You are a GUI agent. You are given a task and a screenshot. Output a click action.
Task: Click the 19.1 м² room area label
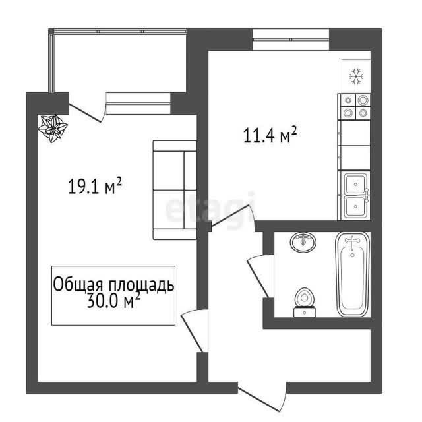tap(95, 185)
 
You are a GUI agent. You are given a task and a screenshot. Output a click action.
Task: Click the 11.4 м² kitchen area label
tap(270, 135)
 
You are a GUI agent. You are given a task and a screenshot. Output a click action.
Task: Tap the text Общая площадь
tap(113, 284)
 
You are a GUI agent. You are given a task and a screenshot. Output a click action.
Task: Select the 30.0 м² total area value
tap(113, 301)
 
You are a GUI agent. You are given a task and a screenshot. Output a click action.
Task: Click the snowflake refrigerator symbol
tap(356, 76)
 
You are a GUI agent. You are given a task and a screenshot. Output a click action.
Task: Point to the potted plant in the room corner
tap(53, 128)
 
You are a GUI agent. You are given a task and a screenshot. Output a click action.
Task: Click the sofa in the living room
tap(175, 190)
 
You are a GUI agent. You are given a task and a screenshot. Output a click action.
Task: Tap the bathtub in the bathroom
tap(353, 274)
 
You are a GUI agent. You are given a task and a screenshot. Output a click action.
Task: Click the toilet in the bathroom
tap(305, 302)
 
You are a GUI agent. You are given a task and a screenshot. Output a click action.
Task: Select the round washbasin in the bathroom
tap(303, 242)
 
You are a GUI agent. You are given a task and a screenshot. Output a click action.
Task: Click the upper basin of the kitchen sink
tap(355, 184)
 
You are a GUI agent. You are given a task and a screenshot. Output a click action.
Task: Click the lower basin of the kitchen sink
tap(355, 206)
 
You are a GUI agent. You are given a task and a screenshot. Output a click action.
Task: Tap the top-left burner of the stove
tap(348, 100)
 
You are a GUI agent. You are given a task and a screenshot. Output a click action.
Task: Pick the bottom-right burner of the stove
tap(363, 113)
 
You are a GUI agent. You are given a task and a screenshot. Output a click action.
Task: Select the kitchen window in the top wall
tap(291, 40)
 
